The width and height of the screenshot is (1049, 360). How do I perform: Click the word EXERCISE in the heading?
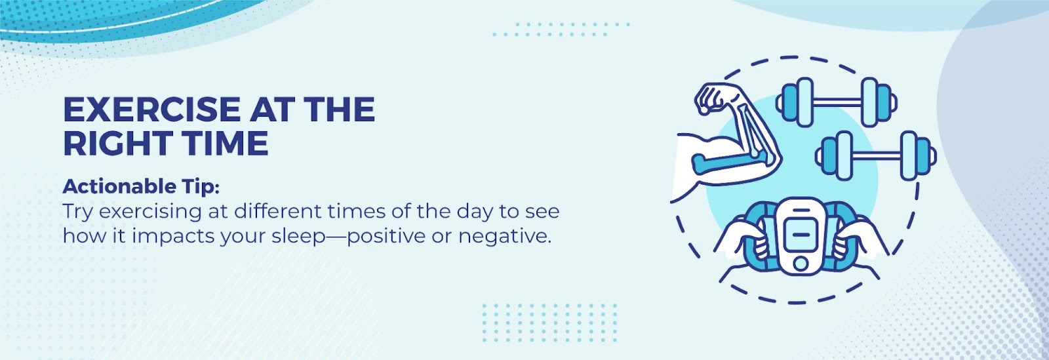(152, 110)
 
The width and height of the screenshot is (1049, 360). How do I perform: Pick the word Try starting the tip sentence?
(78, 212)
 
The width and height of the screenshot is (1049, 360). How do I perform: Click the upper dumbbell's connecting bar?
(837, 102)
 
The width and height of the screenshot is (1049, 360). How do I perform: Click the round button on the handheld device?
(801, 264)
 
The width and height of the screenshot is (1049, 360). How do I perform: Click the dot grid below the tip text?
(550, 323)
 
